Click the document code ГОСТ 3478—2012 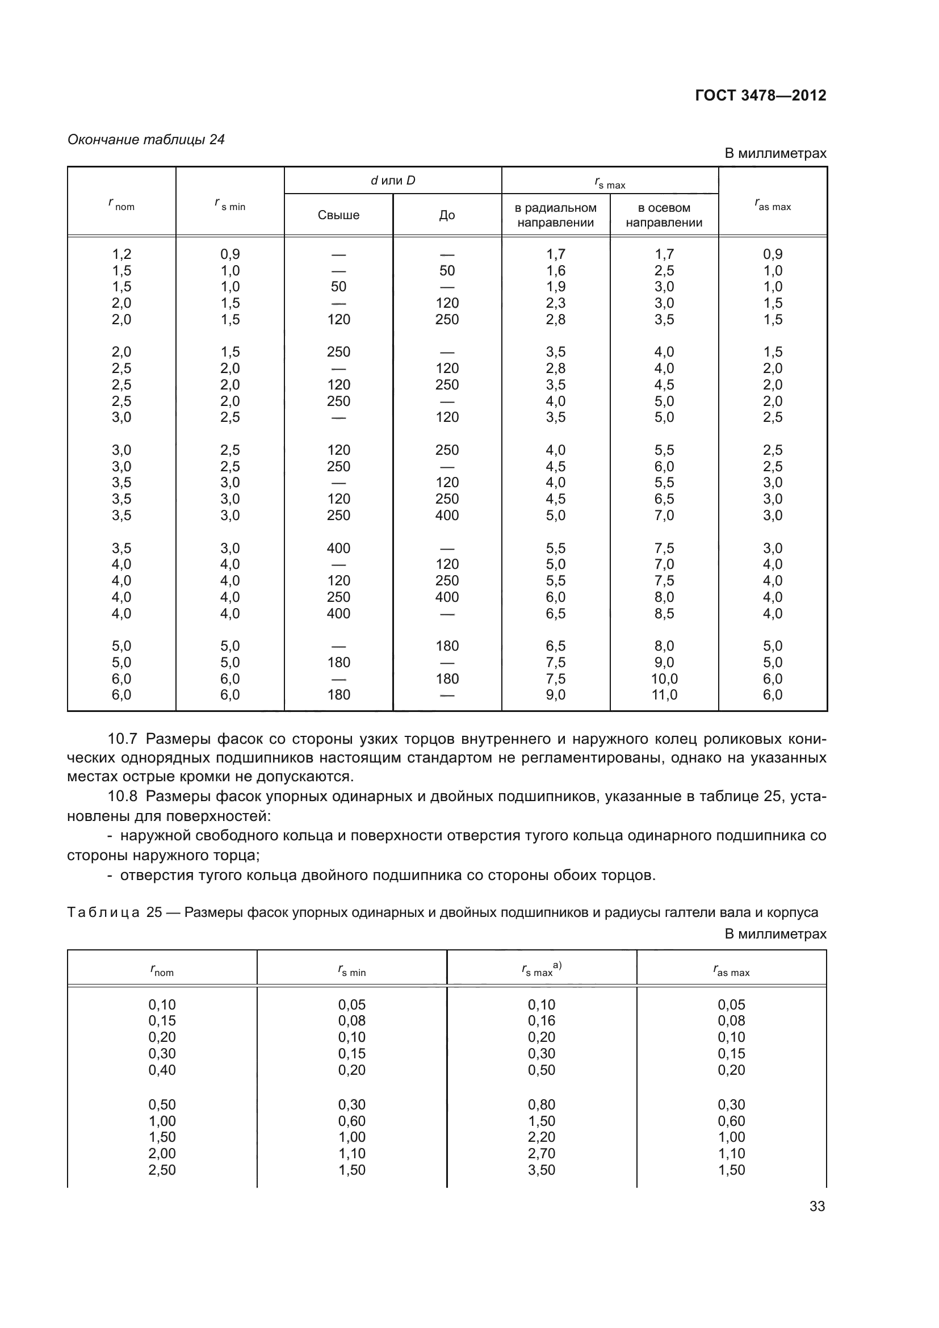click(760, 95)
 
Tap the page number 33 click(817, 1206)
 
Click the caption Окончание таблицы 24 click(146, 140)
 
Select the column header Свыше click(338, 215)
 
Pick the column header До click(447, 215)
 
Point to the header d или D click(393, 181)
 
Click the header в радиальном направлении click(555, 215)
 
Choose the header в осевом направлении click(664, 215)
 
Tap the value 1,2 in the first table click(121, 254)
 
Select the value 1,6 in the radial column click(556, 271)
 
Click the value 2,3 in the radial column click(556, 303)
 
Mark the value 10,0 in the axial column click(664, 678)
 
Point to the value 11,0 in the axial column click(664, 694)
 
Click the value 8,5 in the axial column click(664, 613)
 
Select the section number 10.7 click(122, 739)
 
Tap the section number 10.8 click(122, 797)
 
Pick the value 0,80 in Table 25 click(541, 1104)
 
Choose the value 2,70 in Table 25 click(541, 1153)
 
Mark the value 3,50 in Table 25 click(541, 1170)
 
